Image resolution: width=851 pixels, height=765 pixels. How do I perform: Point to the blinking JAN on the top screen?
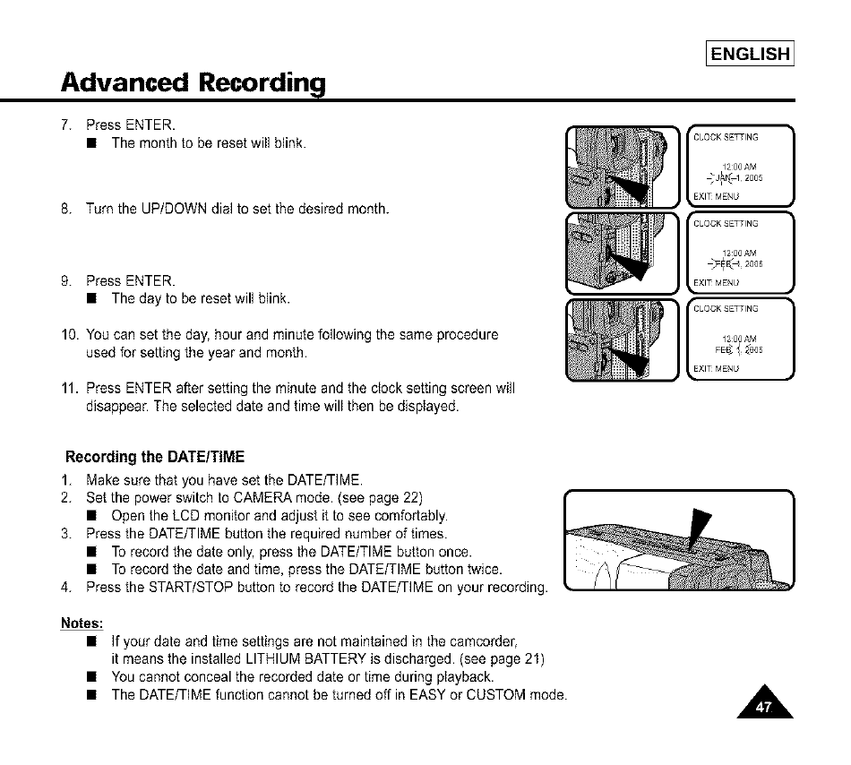tap(718, 176)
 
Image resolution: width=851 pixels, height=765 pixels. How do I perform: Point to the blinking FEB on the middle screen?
tap(718, 262)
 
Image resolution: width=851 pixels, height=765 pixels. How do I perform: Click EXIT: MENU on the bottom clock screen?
tap(715, 368)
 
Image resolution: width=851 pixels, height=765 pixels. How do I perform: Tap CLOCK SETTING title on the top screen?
tap(726, 138)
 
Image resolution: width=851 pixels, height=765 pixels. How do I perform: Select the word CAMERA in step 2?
tap(268, 498)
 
